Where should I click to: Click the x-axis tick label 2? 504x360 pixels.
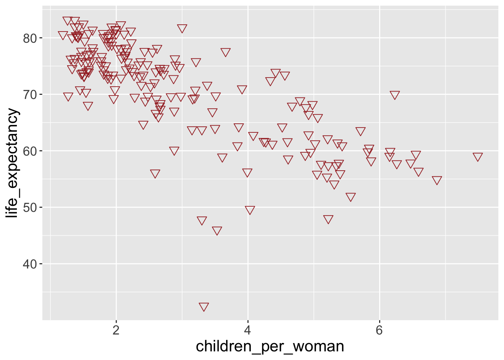(x=116, y=331)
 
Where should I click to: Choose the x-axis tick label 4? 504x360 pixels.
(x=248, y=331)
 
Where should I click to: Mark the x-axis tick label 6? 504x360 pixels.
(x=379, y=331)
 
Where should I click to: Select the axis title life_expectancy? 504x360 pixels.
(x=12, y=163)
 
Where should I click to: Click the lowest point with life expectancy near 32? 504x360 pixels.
(x=204, y=307)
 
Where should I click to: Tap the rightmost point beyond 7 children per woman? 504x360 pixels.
(x=477, y=157)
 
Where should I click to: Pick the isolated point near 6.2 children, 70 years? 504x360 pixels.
(x=394, y=95)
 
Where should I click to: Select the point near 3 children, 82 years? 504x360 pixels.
(x=182, y=28)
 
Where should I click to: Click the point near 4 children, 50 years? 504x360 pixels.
(x=250, y=210)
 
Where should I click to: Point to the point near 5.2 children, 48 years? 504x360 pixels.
(x=328, y=219)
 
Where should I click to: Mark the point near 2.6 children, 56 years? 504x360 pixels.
(x=155, y=174)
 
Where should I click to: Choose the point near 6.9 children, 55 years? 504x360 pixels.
(x=437, y=180)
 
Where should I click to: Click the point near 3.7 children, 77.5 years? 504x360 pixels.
(x=225, y=52)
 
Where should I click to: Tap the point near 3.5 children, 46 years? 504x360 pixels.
(x=217, y=231)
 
